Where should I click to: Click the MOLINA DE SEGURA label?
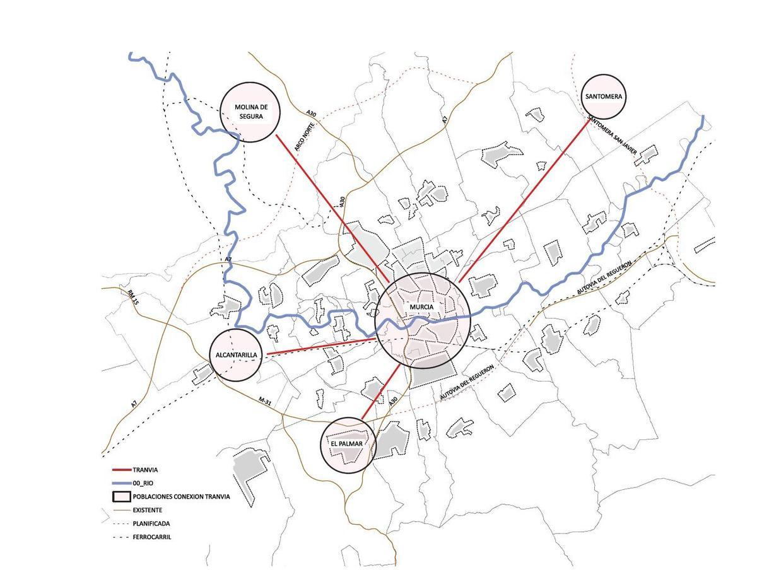(248, 112)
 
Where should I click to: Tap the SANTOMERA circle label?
(604, 96)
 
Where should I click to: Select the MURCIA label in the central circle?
(421, 307)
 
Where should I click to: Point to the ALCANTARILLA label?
(236, 355)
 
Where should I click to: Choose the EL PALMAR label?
(346, 444)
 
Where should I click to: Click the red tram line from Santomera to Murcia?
(524, 201)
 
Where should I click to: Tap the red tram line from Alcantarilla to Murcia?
(322, 347)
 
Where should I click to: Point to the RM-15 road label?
(132, 298)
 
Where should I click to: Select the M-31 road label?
(266, 400)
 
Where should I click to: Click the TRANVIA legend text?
(145, 470)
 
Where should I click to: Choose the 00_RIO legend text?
(144, 483)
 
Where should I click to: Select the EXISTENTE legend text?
(148, 510)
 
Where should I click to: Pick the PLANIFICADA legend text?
(151, 523)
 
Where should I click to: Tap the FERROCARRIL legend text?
(151, 537)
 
